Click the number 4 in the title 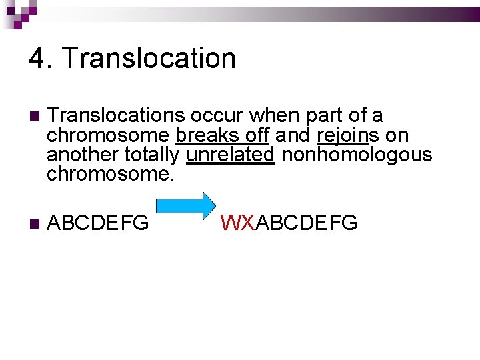pos(37,59)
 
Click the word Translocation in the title pos(149,59)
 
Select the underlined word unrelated pos(231,156)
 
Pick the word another pos(83,156)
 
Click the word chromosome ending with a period pos(111,175)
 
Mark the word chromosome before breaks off pos(108,136)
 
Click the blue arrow pos(187,206)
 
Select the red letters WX pos(238,223)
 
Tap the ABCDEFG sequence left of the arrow pos(99,223)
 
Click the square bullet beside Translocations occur pos(34,117)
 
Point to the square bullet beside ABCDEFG pos(34,223)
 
